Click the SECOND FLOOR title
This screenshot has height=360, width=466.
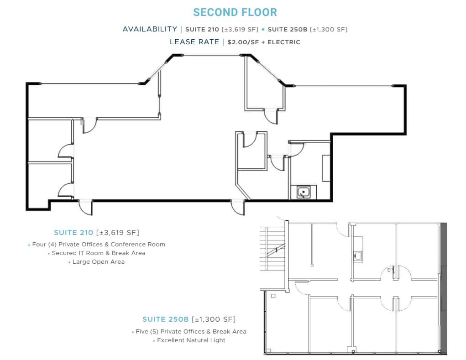(235, 12)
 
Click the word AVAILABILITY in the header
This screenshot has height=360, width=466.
(150, 29)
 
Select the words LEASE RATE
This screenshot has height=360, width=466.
(194, 42)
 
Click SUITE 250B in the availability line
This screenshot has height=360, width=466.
(287, 29)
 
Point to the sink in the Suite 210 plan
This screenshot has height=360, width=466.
(303, 193)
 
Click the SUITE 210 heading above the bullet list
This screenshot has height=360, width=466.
(73, 232)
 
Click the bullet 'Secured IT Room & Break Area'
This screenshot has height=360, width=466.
(98, 253)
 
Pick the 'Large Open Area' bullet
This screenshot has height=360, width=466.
(98, 261)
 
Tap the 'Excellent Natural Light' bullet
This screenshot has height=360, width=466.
(191, 340)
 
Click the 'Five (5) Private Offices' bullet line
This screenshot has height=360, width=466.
(191, 331)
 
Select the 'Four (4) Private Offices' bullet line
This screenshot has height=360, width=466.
(98, 244)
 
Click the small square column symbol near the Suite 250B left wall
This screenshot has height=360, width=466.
(273, 296)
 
